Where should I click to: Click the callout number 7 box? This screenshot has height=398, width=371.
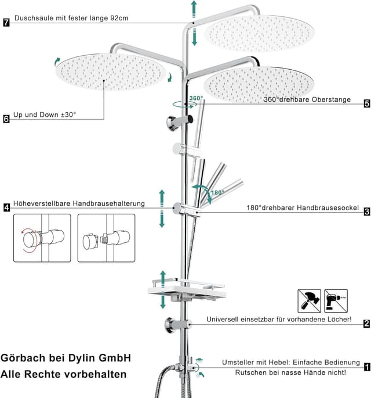[x=6, y=22]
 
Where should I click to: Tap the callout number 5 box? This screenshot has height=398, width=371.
[x=367, y=103]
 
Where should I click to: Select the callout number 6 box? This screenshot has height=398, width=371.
[x=6, y=119]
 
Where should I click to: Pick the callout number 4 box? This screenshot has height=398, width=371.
[x=7, y=207]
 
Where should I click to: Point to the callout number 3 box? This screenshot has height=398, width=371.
[x=367, y=211]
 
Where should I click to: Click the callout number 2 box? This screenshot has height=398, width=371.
[x=367, y=324]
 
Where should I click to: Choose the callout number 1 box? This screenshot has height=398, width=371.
[x=367, y=367]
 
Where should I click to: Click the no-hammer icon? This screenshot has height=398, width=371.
[x=309, y=301]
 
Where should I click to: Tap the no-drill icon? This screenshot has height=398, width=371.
[x=336, y=301]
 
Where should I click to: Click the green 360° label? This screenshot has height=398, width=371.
[x=197, y=98]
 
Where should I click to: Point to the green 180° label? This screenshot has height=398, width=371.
[x=217, y=193]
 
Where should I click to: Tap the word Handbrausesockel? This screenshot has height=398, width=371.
[x=328, y=208]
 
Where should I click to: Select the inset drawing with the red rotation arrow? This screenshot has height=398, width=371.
[x=42, y=238]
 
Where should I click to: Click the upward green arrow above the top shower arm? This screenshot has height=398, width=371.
[x=194, y=9]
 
